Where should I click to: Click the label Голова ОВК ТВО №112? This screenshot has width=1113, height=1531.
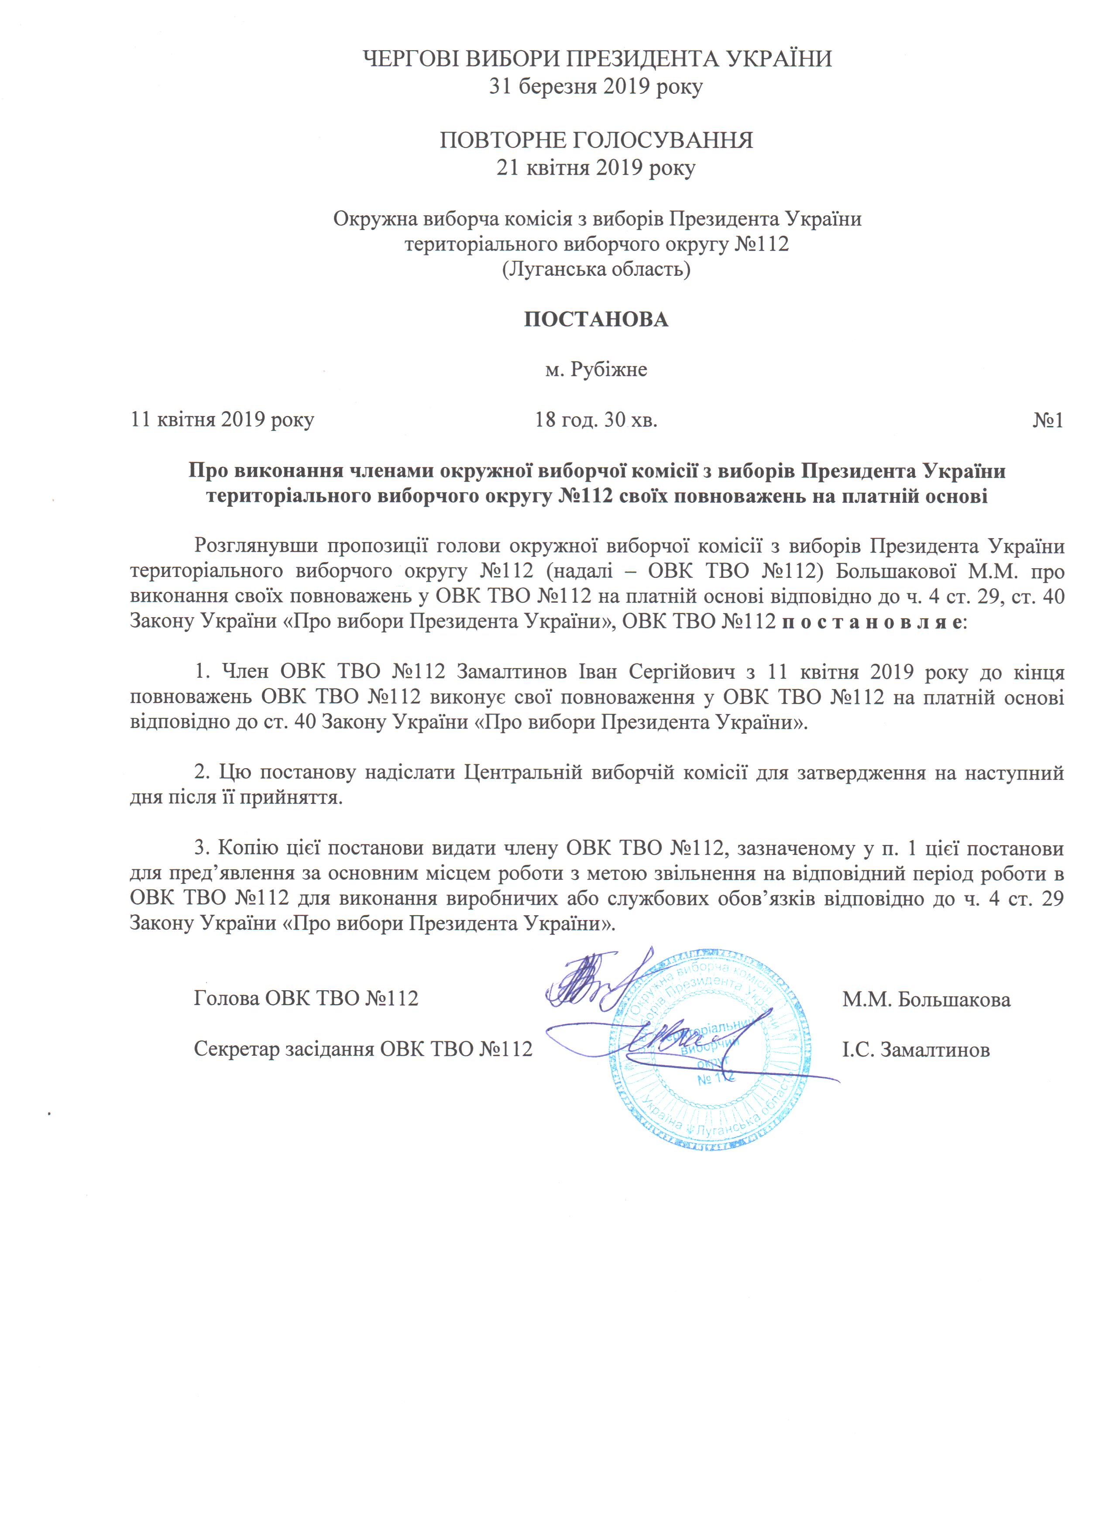coord(306,999)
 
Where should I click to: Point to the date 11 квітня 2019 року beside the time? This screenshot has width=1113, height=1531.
coord(222,420)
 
